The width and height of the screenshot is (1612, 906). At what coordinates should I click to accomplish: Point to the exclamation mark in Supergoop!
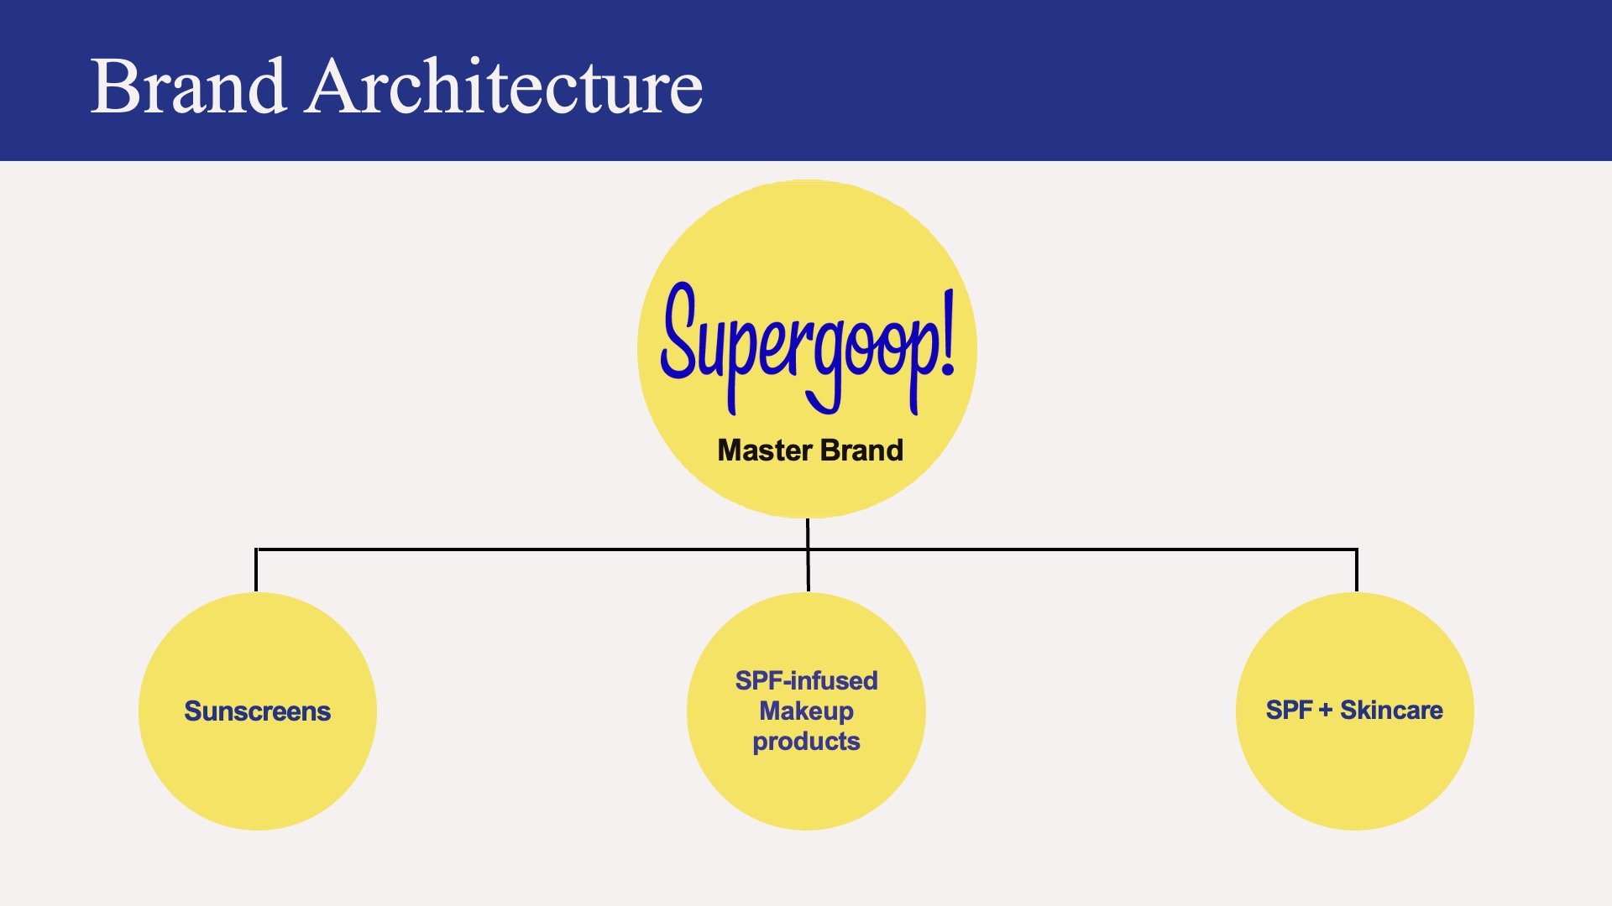click(x=947, y=333)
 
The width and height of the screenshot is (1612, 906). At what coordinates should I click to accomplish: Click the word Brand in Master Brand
click(x=862, y=450)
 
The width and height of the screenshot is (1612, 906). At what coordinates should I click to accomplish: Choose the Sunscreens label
click(x=257, y=711)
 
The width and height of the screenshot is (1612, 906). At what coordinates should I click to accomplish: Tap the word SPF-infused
click(x=806, y=680)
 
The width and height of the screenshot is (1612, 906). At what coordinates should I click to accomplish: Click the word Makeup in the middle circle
click(x=806, y=711)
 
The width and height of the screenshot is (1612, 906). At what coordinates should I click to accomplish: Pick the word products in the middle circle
click(x=806, y=742)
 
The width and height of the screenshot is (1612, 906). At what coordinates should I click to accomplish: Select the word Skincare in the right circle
click(x=1391, y=711)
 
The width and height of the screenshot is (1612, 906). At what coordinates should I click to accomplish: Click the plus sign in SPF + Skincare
click(x=1326, y=711)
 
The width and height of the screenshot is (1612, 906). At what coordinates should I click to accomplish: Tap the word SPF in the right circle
click(x=1289, y=711)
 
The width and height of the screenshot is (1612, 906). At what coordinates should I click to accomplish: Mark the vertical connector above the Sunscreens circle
click(x=256, y=571)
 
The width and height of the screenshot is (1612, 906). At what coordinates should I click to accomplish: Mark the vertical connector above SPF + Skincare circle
click(x=1356, y=571)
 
